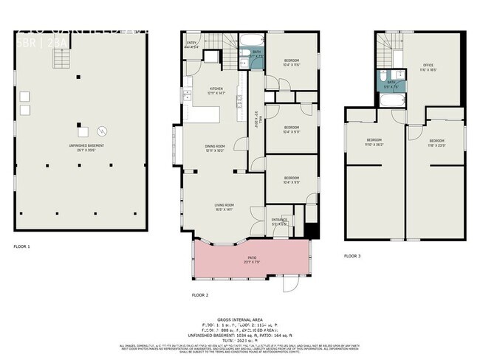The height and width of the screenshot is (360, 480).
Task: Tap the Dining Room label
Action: coord(214,148)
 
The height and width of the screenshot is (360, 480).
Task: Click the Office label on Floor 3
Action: coord(428,67)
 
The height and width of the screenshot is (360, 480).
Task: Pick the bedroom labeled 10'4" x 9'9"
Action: coord(292,179)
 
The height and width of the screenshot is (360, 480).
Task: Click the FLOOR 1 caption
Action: coord(21,246)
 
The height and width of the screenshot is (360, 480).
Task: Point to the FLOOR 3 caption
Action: coord(352,256)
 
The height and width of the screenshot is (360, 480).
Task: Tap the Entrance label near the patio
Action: coord(279,221)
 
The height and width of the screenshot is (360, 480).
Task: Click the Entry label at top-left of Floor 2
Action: coord(192,44)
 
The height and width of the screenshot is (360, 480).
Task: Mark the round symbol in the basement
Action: coord(103,131)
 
